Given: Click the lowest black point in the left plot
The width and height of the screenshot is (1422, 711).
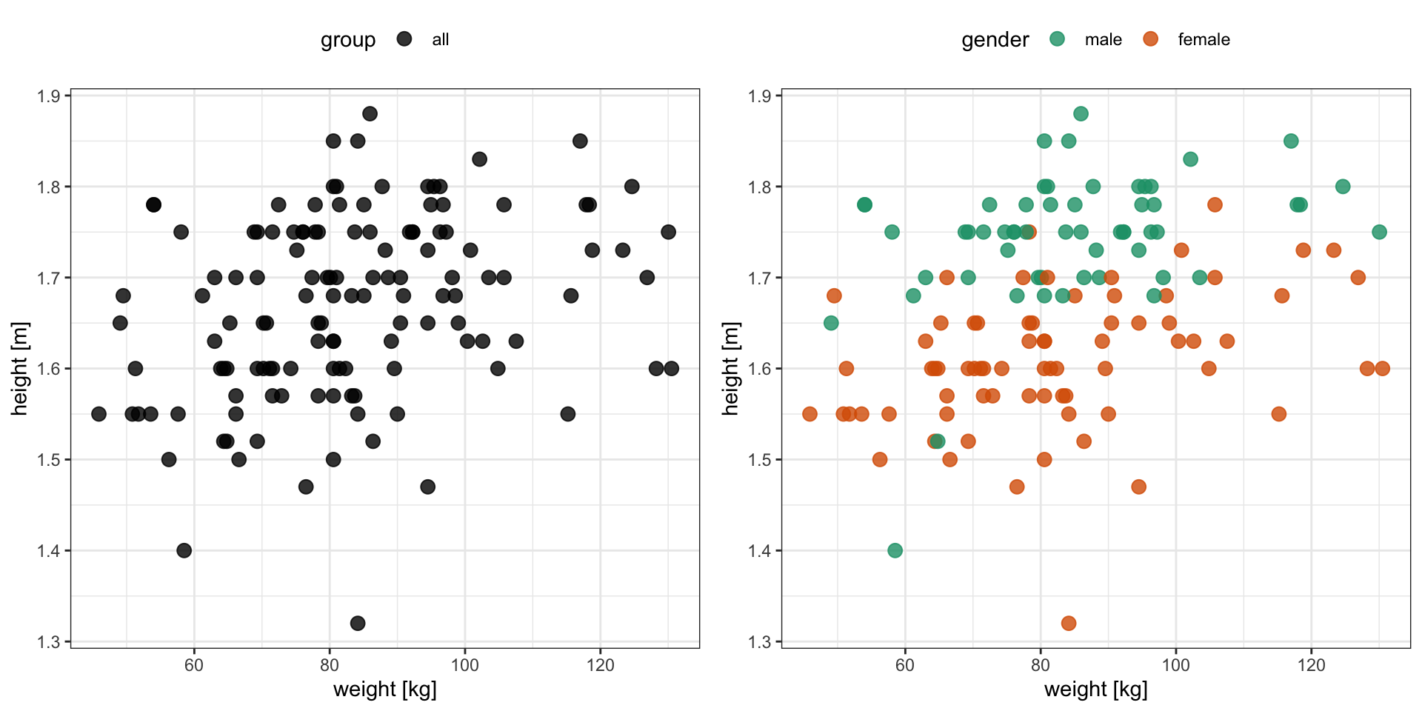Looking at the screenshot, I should point(358,623).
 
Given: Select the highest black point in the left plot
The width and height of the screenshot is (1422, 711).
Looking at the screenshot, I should point(370,113).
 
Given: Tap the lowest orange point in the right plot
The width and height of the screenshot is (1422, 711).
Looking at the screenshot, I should point(1069,623).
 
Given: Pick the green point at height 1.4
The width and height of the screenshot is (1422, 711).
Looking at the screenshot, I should point(895,550).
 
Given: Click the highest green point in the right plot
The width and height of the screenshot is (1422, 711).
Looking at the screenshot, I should point(1081,113).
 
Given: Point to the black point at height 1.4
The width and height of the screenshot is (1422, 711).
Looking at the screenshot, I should point(184,550).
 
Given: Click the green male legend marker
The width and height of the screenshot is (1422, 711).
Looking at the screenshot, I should point(1057,39).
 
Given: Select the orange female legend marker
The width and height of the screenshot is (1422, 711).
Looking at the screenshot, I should point(1150,39).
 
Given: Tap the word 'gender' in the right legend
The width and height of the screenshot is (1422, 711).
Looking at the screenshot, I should point(995,40).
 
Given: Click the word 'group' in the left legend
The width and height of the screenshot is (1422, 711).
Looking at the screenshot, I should point(348,40).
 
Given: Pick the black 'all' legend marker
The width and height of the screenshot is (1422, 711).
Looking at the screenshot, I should point(404,39).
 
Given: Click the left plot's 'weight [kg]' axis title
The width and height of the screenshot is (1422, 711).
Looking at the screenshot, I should point(385,690).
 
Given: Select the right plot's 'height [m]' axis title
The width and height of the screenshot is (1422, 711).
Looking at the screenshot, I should point(730,368).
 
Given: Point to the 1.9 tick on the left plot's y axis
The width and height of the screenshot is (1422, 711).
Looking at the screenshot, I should point(50,96).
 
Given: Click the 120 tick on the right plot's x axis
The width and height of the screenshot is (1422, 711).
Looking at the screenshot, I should point(1312,665).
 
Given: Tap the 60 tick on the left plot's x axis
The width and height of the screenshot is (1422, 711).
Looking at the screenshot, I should point(194,665).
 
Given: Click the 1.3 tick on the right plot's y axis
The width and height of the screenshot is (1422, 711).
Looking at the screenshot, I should point(761,641).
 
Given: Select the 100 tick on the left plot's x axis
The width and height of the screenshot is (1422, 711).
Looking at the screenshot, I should point(465,665).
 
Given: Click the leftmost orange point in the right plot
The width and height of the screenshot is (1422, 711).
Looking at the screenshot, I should point(810,413).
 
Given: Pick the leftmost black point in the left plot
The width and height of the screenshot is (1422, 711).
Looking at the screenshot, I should point(99,413).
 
